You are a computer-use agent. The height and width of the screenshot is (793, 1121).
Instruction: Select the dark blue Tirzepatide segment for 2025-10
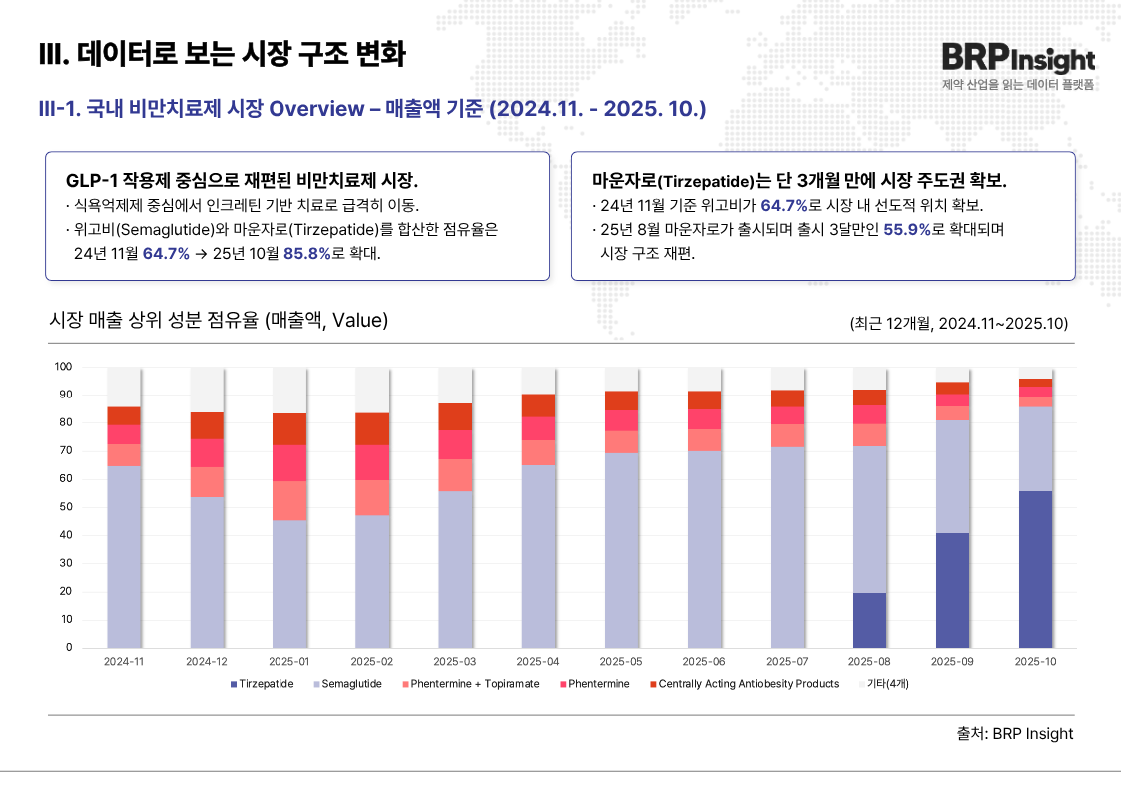1035,569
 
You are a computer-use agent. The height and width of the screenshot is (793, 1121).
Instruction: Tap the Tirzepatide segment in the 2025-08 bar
869,620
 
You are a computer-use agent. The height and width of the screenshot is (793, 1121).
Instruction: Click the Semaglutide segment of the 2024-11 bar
124,556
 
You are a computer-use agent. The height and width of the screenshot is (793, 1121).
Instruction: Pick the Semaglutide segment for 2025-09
952,476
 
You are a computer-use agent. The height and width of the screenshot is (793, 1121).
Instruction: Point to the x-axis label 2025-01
289,662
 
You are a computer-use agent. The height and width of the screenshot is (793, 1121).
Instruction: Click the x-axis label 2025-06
704,662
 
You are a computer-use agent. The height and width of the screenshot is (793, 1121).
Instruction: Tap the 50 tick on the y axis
66,507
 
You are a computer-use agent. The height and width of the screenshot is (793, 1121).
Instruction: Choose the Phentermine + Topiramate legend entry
470,684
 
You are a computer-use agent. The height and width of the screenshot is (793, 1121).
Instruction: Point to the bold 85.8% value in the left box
306,253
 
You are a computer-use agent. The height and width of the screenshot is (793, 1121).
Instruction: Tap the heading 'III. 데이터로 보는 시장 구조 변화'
222,54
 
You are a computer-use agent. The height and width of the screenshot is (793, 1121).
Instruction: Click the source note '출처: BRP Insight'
1014,734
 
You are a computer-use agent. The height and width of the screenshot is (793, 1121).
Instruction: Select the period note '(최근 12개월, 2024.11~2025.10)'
959,323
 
